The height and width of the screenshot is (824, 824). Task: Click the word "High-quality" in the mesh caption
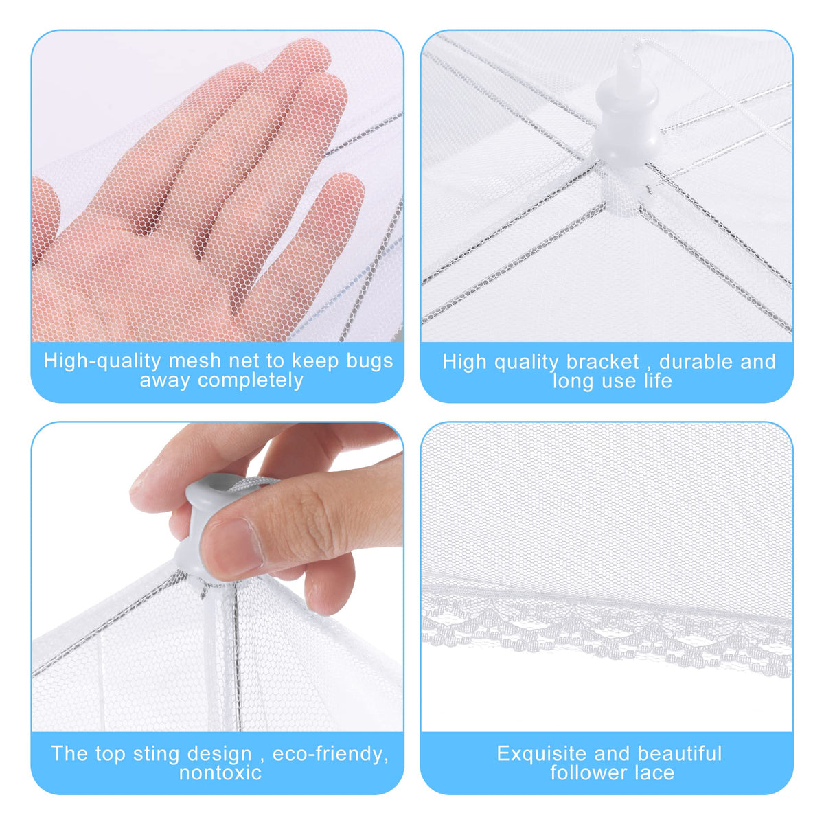pyautogui.click(x=102, y=362)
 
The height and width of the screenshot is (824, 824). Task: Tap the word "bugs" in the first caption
pyautogui.click(x=370, y=361)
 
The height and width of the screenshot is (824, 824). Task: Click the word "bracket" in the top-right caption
pyautogui.click(x=603, y=362)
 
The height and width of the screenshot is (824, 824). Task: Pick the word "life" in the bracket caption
pyautogui.click(x=658, y=380)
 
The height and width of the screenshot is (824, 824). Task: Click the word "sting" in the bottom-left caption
pyautogui.click(x=156, y=755)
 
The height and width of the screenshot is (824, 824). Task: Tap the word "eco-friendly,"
pyautogui.click(x=330, y=754)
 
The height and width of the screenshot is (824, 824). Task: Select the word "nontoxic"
pyautogui.click(x=220, y=773)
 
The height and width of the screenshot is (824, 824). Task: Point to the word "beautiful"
pyautogui.click(x=680, y=754)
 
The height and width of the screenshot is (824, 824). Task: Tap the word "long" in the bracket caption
pyautogui.click(x=574, y=382)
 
